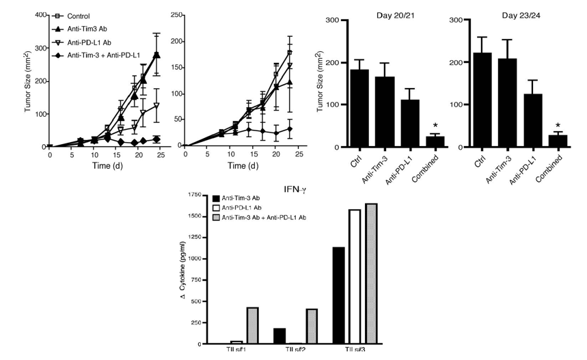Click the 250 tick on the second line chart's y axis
click(179, 14)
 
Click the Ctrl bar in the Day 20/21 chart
click(359, 108)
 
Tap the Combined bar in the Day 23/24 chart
click(558, 141)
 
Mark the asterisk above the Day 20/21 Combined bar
click(435, 126)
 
